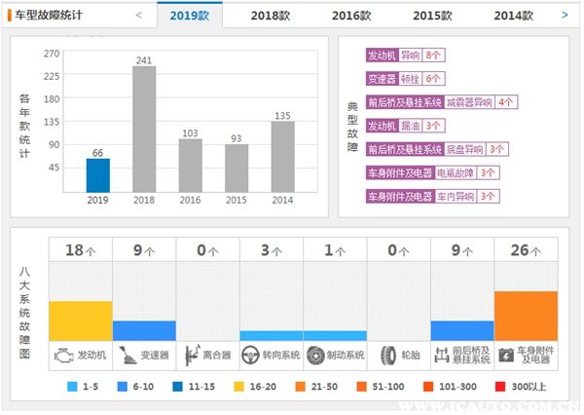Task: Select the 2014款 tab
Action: (513, 16)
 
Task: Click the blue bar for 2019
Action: (97, 175)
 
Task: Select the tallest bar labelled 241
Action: (144, 130)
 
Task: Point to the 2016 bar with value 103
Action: (191, 166)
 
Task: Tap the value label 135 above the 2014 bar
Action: (282, 116)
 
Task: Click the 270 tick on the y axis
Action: (52, 54)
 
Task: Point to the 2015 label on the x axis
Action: (237, 201)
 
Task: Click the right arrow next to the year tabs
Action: (565, 16)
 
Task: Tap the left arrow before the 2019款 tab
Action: (139, 16)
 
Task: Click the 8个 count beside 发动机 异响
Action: (434, 57)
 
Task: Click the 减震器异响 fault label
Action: (469, 101)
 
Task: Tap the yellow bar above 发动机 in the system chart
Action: (80, 321)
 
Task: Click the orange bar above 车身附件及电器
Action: (526, 316)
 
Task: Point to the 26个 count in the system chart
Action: (526, 250)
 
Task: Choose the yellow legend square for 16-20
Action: (237, 387)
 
